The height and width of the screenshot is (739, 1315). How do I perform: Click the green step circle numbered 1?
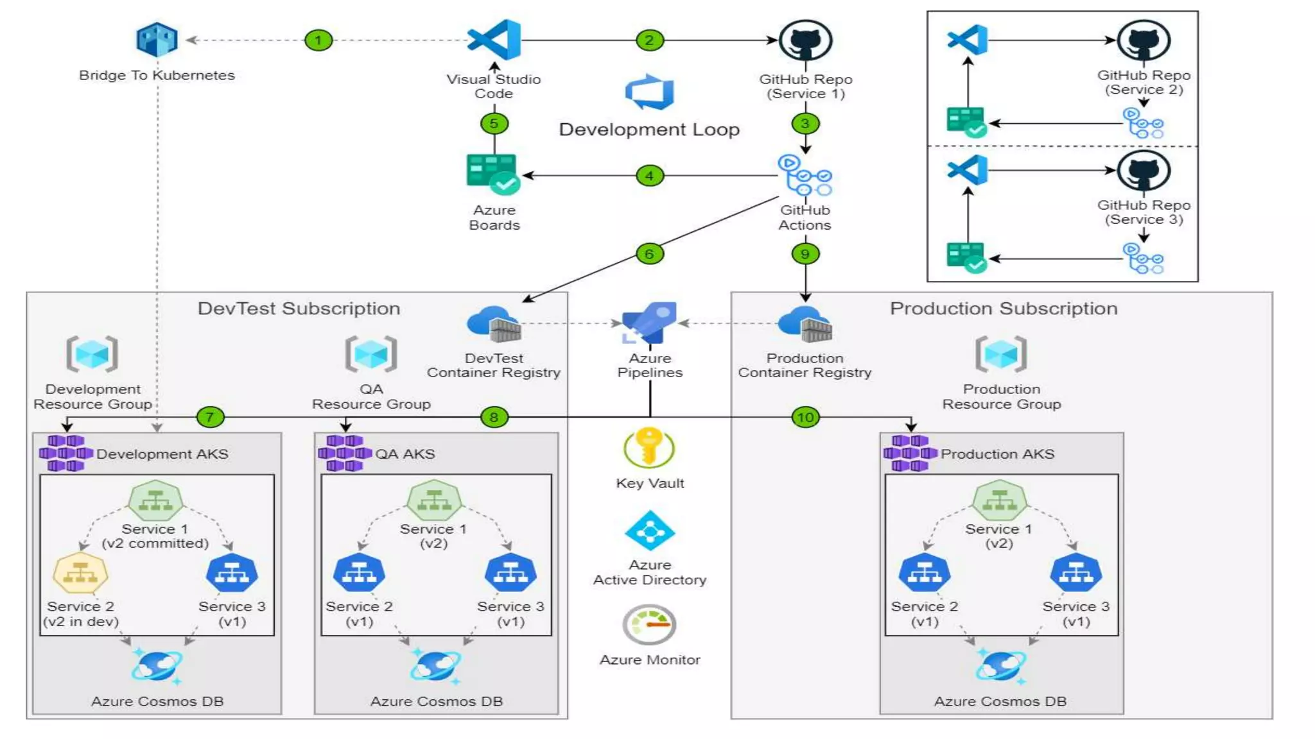[x=318, y=40]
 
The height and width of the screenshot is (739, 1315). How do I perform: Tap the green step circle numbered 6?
[x=649, y=254]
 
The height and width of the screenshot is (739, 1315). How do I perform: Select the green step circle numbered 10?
[x=805, y=418]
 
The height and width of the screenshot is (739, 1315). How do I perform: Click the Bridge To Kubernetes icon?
[x=157, y=40]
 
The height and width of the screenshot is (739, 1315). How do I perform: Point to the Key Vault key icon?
[x=649, y=447]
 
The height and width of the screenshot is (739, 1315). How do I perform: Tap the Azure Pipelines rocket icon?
[x=649, y=323]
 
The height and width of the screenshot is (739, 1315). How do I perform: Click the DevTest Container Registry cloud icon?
[x=493, y=324]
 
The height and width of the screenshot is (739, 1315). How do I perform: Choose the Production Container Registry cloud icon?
[x=805, y=324]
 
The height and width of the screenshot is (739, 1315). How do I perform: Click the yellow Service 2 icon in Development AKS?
[x=80, y=573]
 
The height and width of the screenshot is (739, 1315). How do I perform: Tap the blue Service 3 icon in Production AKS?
[x=1076, y=573]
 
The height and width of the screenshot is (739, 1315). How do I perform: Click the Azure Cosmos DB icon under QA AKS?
[x=435, y=667]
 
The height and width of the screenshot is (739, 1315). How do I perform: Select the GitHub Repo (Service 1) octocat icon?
[x=805, y=40]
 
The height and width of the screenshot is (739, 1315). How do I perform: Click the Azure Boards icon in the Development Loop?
[x=492, y=174]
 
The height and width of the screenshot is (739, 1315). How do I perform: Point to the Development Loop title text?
[x=649, y=130]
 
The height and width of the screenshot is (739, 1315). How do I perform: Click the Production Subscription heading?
[x=1003, y=309]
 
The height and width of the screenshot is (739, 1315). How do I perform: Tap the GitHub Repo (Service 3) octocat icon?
[x=1144, y=171]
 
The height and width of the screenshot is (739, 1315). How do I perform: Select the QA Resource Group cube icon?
[x=371, y=353]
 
